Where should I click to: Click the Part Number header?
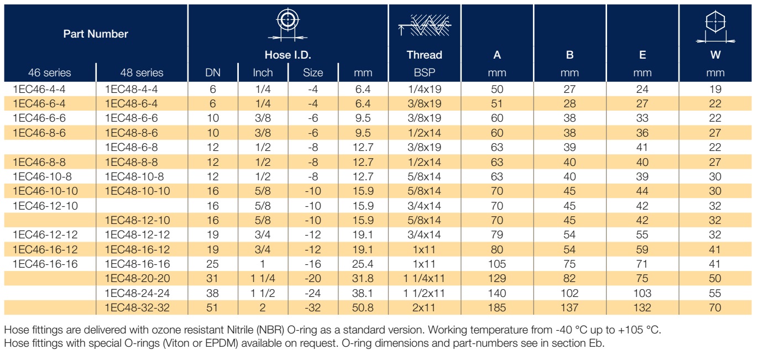pos(96,34)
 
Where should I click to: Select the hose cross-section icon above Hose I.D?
pos(287,24)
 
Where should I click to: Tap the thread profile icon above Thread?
pos(425,25)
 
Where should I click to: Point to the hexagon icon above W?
pos(715,27)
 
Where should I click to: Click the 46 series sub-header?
pos(49,72)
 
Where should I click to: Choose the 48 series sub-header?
pos(142,72)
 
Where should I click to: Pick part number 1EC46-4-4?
pos(39,90)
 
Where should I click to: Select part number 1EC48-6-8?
pos(131,148)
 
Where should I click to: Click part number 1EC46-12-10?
pos(45,206)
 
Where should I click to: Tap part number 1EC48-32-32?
pos(137,307)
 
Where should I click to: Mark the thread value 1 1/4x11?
pos(424,279)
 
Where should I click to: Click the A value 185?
pos(496,307)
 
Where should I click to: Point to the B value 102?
pos(569,293)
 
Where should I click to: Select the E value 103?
pos(642,293)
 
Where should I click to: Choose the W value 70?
pos(715,307)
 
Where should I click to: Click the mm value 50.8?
pos(363,307)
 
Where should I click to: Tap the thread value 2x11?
pos(424,307)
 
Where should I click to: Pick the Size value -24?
pos(313,293)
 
